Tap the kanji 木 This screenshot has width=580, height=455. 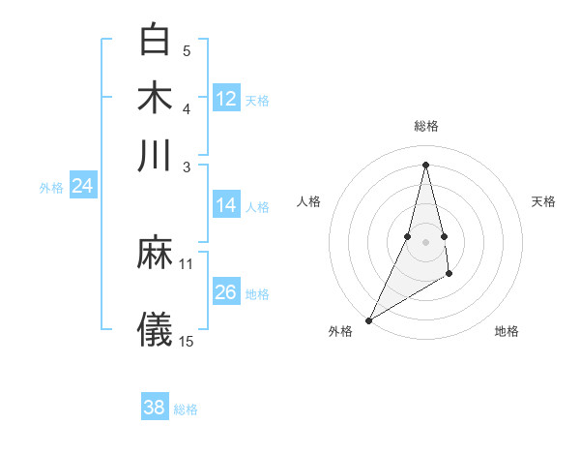point(155,97)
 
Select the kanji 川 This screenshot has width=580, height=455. point(155,155)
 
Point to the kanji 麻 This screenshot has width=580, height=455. point(155,254)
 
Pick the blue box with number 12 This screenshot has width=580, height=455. point(226,99)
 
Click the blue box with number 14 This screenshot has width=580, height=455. point(226,205)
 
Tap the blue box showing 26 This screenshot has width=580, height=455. point(226,292)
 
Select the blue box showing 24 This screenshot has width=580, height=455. point(82,186)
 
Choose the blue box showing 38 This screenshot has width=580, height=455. point(155,408)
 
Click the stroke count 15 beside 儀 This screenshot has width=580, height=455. point(187,341)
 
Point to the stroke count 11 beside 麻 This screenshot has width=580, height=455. point(187,263)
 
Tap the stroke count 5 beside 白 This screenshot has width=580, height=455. point(187,50)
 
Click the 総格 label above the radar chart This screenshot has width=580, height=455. point(425,126)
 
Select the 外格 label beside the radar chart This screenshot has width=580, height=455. point(340,331)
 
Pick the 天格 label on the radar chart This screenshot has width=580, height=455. point(543,201)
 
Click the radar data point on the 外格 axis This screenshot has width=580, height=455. point(368,320)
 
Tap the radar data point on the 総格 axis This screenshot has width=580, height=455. point(425,164)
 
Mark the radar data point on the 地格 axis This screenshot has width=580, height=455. point(449,276)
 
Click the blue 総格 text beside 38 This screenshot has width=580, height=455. point(186,409)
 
